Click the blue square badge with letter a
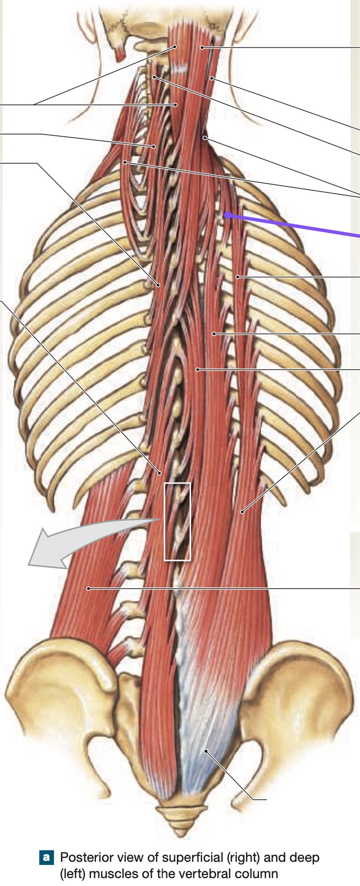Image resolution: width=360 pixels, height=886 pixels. click(x=46, y=857)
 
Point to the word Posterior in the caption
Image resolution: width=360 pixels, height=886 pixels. click(x=82, y=857)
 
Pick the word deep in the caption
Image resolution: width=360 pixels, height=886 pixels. click(x=305, y=858)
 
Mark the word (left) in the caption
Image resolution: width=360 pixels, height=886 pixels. click(x=73, y=873)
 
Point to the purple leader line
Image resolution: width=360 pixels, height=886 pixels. click(x=294, y=226)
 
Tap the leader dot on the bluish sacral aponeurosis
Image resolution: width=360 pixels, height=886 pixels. click(x=205, y=750)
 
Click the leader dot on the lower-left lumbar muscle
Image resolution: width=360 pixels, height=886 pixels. click(x=88, y=588)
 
